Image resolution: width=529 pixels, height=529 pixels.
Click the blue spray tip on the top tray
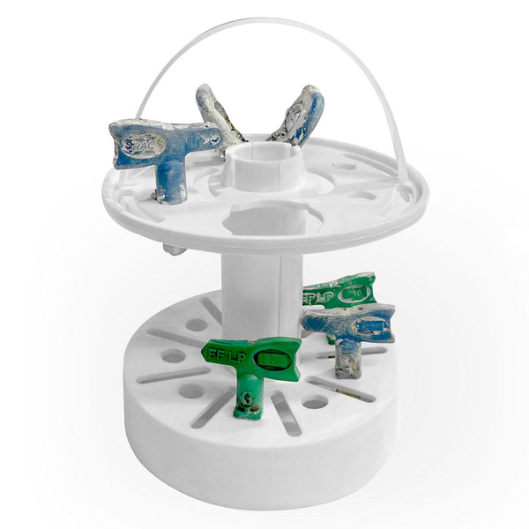164,146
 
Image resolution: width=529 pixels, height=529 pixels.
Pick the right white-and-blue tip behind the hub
300,115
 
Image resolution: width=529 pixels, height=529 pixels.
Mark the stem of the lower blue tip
348,360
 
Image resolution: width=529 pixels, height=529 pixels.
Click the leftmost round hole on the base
173,356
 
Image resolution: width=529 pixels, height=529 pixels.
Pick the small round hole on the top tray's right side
362,196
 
